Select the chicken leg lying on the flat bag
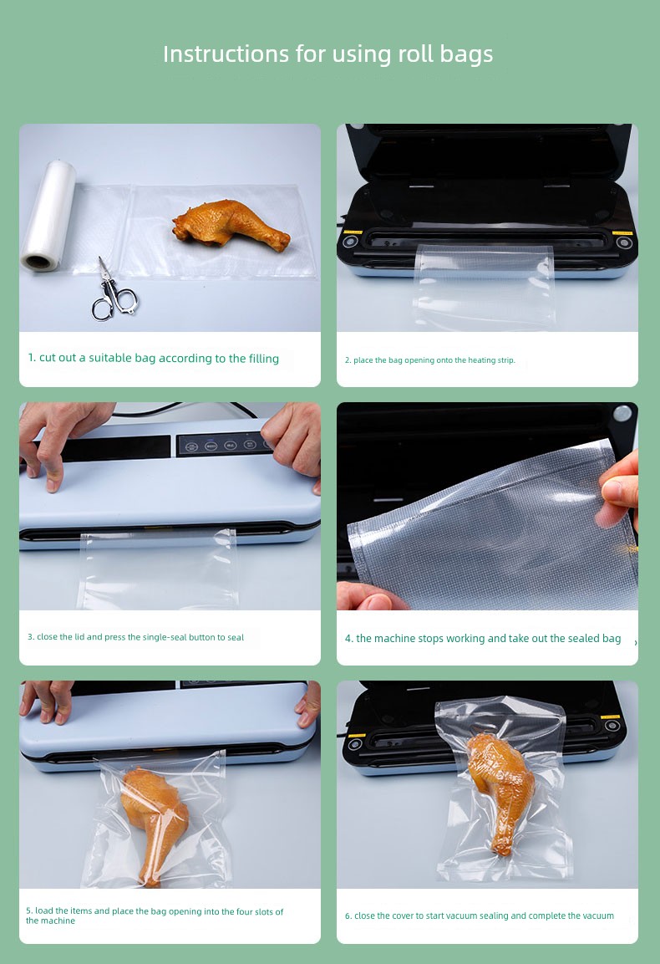click(x=231, y=224)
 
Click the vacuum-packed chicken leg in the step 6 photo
click(x=500, y=791)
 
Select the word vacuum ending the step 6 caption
click(x=598, y=916)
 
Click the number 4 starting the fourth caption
click(x=348, y=639)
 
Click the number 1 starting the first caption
click(x=32, y=358)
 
